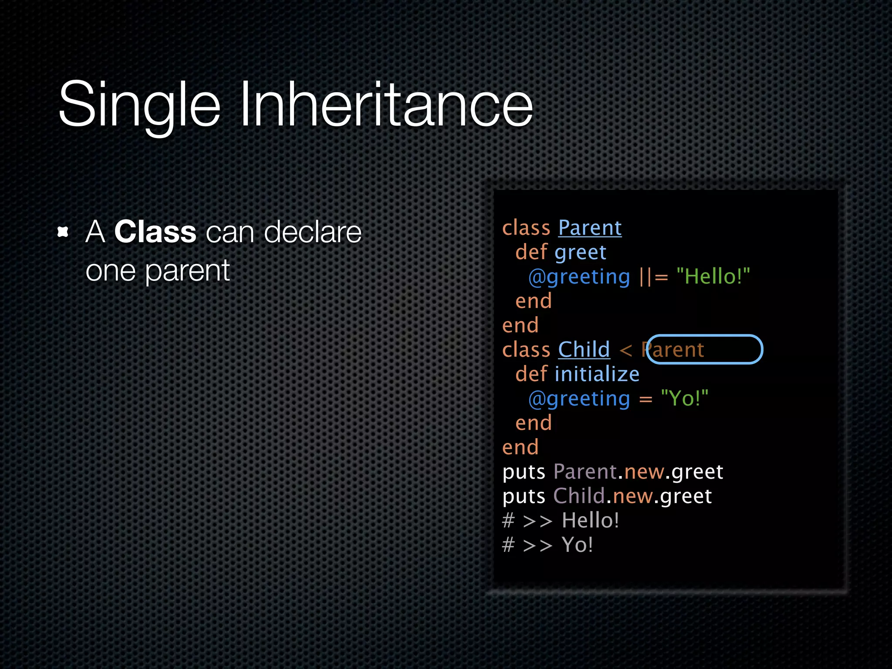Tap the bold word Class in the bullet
(155, 232)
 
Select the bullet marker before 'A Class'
(63, 232)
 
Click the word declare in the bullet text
(312, 232)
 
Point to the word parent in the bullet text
(187, 271)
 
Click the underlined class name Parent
(590, 228)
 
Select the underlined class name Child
(584, 350)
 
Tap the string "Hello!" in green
(713, 277)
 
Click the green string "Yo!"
(684, 399)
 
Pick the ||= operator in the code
(653, 277)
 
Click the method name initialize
(597, 374)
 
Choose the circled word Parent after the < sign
(673, 350)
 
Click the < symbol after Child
(625, 350)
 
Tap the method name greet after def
(580, 253)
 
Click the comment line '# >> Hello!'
(560, 520)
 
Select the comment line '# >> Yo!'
(547, 545)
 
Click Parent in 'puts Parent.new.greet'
(585, 472)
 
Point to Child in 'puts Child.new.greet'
(579, 496)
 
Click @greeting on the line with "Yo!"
(579, 399)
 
